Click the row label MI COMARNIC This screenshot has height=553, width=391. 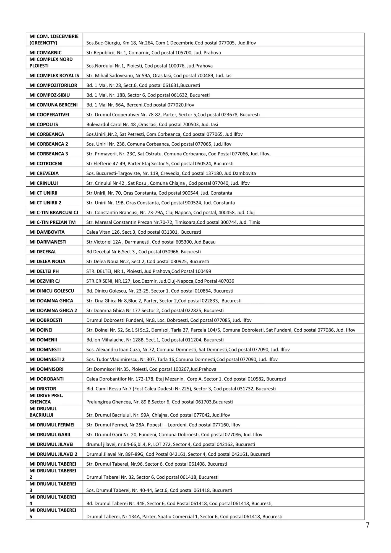(x=46, y=53)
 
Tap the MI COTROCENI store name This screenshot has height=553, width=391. (x=46, y=164)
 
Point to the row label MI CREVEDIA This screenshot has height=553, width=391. (x=44, y=173)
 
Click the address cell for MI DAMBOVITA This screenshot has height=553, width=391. (x=144, y=232)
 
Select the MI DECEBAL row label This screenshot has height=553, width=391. (x=43, y=252)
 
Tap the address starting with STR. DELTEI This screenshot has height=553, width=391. (x=148, y=271)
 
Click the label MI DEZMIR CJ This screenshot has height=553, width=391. (x=45, y=281)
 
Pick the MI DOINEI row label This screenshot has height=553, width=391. (x=41, y=330)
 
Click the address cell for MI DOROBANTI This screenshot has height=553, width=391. (x=186, y=379)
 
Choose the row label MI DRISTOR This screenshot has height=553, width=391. (x=43, y=389)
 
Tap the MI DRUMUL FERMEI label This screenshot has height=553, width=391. (x=52, y=425)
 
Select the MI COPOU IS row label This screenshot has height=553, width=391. (x=44, y=124)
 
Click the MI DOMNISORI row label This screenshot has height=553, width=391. (x=46, y=369)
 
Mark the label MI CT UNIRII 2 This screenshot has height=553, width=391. (x=45, y=203)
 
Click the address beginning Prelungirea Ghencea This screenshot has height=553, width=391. (x=160, y=402)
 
